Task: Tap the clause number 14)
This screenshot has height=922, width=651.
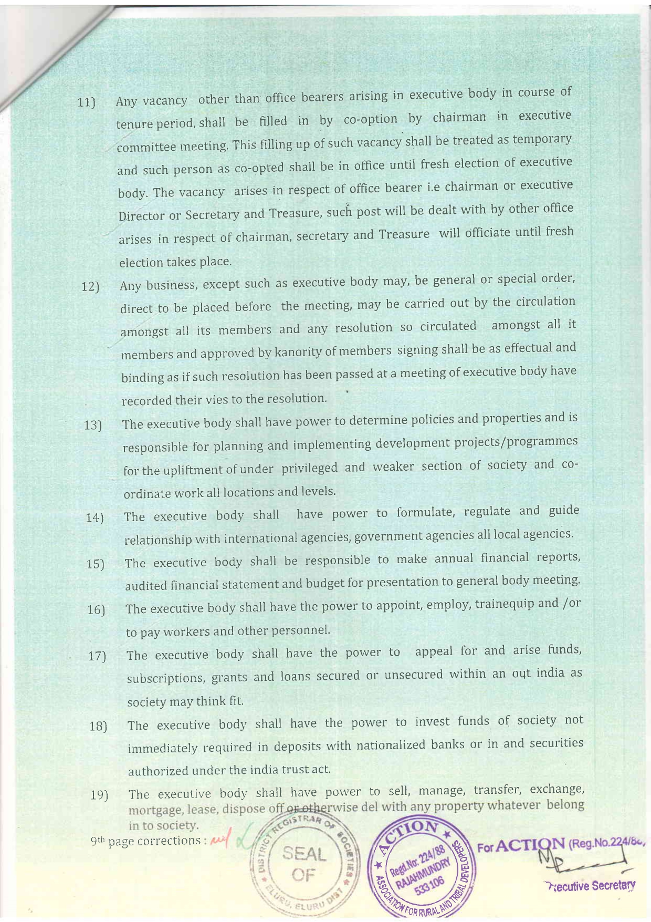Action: tap(95, 517)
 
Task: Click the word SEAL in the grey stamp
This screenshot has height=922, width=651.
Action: tap(305, 855)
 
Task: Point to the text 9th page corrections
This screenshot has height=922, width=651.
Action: tap(148, 841)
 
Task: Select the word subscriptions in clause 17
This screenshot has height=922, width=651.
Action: tap(166, 678)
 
